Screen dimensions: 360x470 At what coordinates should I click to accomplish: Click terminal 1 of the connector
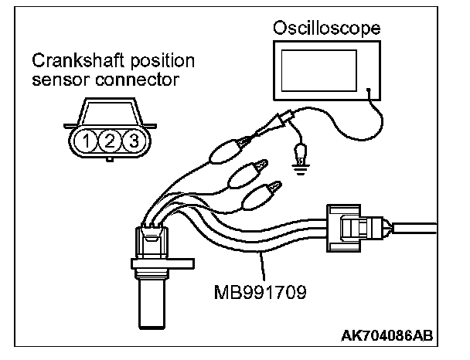[x=91, y=140]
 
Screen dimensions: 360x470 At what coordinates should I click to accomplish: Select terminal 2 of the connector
[x=111, y=140]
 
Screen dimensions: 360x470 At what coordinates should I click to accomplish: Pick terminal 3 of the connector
[x=132, y=140]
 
